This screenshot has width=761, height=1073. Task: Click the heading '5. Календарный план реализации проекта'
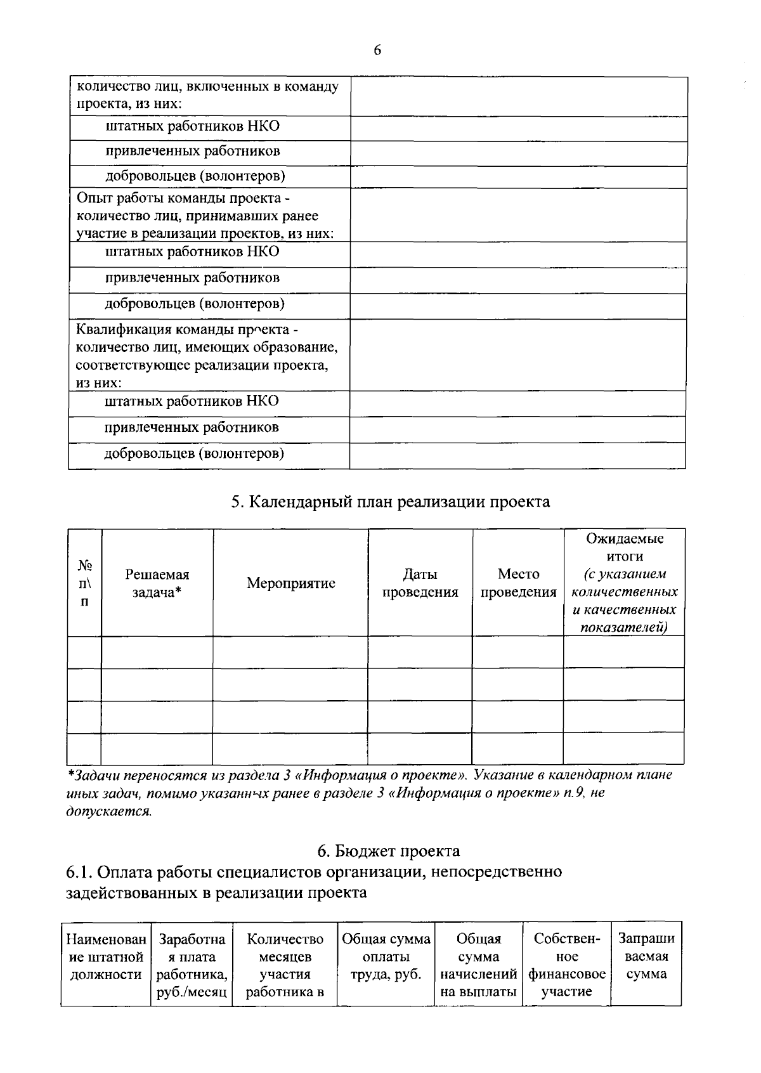390,502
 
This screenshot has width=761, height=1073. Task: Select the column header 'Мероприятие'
290,583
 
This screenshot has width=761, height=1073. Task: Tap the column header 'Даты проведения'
420,583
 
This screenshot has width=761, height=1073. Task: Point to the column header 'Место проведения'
518,583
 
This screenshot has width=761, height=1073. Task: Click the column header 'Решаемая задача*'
157,583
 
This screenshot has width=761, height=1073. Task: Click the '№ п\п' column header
84,583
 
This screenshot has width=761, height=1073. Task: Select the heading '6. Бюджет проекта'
388,850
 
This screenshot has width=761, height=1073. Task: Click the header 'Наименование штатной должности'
106,956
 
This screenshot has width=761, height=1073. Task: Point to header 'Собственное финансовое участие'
566,965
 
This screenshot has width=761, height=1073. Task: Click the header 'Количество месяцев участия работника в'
285,965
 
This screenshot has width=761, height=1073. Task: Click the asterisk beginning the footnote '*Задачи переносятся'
70,775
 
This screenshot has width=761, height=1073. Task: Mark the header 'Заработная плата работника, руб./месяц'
192,965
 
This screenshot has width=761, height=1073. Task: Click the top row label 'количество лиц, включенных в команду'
207,87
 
